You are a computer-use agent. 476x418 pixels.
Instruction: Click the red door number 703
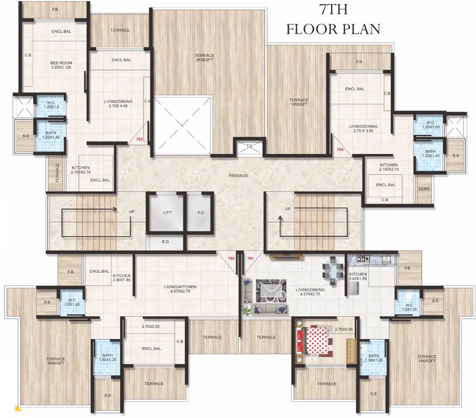tap(139, 140)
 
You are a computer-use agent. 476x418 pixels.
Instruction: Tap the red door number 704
tap(340, 149)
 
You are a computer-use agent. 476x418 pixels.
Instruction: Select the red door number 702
tap(231, 259)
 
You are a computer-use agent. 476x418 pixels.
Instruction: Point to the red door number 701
tap(250, 259)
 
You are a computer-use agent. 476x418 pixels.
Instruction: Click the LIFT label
tap(167, 213)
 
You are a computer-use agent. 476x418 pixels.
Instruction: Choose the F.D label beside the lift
tap(199, 213)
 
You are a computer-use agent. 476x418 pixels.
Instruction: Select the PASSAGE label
tap(238, 175)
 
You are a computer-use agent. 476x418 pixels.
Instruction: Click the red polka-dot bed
tap(314, 341)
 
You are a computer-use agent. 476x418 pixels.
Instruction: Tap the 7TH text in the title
tap(332, 9)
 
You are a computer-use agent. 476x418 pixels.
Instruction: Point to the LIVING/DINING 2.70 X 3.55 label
tap(363, 129)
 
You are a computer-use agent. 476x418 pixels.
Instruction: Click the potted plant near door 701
tap(246, 310)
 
